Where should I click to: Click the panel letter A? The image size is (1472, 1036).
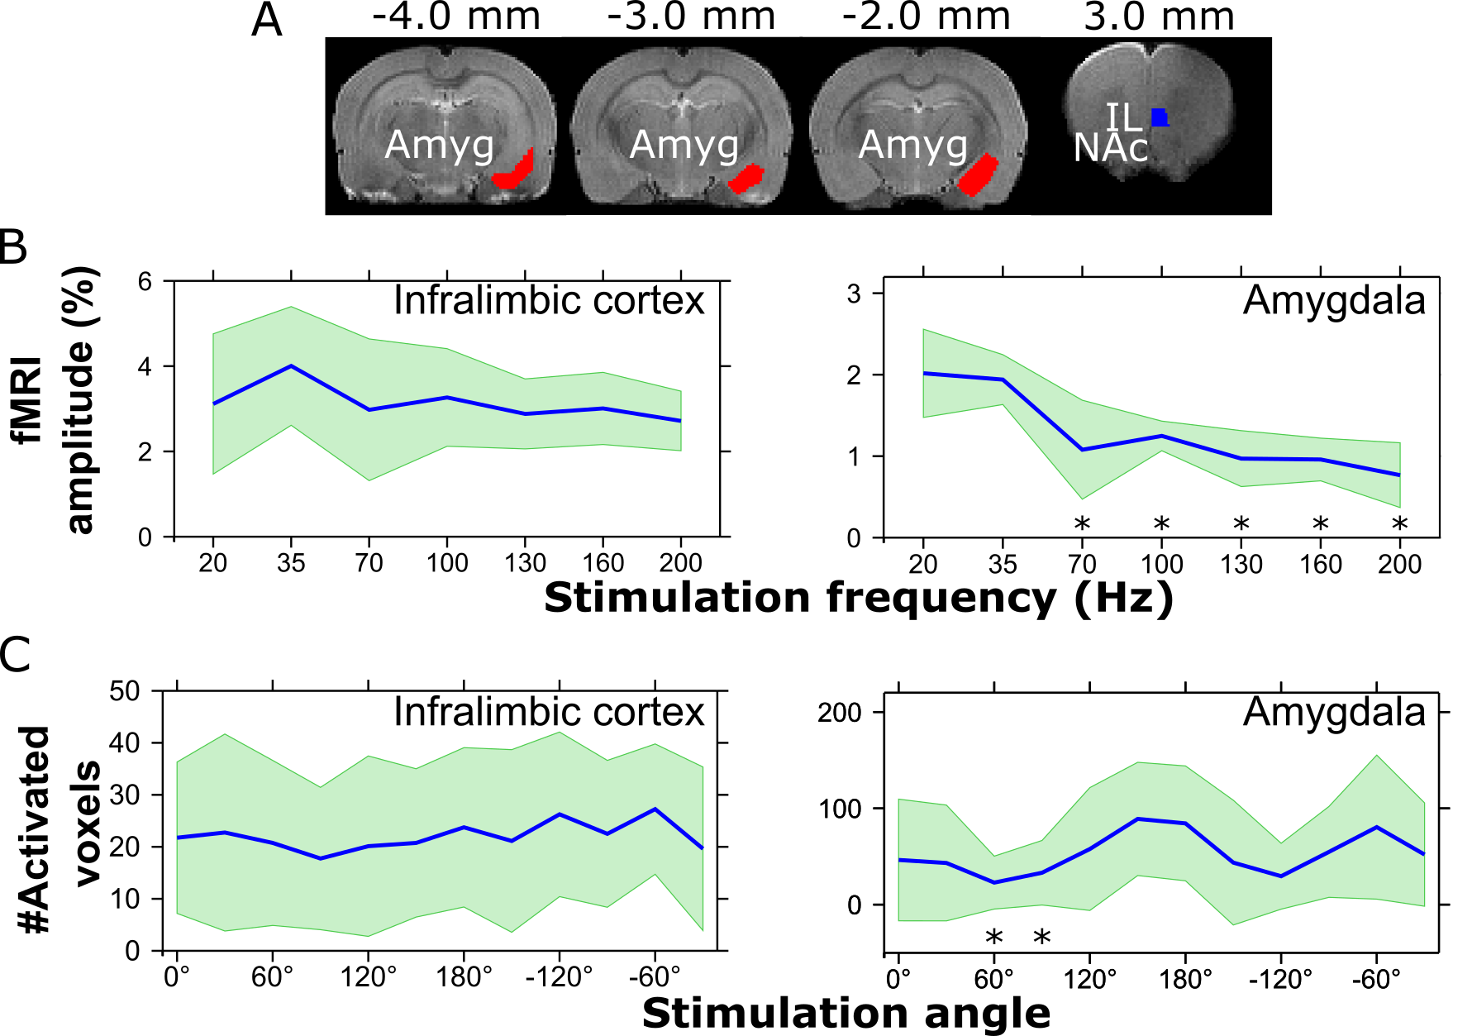(x=266, y=20)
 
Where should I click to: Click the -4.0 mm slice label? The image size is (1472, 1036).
(x=455, y=17)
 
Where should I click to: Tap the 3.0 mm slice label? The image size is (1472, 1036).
(x=1159, y=17)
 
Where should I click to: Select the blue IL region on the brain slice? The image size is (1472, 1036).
(x=1160, y=117)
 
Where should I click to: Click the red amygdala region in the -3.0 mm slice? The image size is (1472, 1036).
(x=746, y=179)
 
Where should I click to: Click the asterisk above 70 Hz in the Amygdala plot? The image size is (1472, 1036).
(x=1082, y=523)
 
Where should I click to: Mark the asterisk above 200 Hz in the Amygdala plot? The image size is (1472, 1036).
(x=1399, y=523)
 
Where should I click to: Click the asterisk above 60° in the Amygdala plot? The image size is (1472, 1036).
(x=993, y=938)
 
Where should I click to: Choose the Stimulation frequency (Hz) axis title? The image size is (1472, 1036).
(x=858, y=598)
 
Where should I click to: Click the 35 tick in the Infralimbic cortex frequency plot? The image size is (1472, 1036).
(x=291, y=564)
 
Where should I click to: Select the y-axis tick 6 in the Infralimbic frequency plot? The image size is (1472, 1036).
(x=145, y=282)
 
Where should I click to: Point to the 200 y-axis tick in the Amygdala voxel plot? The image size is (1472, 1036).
(x=839, y=713)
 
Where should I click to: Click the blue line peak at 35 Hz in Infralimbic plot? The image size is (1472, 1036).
(x=291, y=365)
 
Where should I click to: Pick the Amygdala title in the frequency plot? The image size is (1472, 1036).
(x=1334, y=301)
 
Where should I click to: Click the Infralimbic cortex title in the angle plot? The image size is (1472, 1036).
(x=549, y=712)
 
